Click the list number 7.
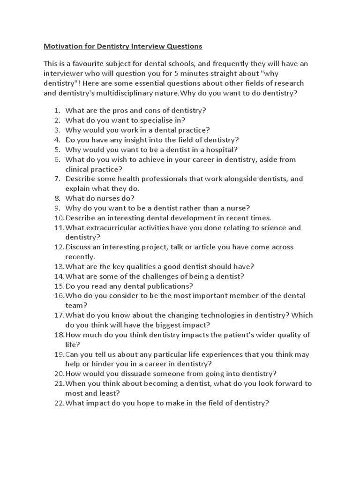(57, 179)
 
